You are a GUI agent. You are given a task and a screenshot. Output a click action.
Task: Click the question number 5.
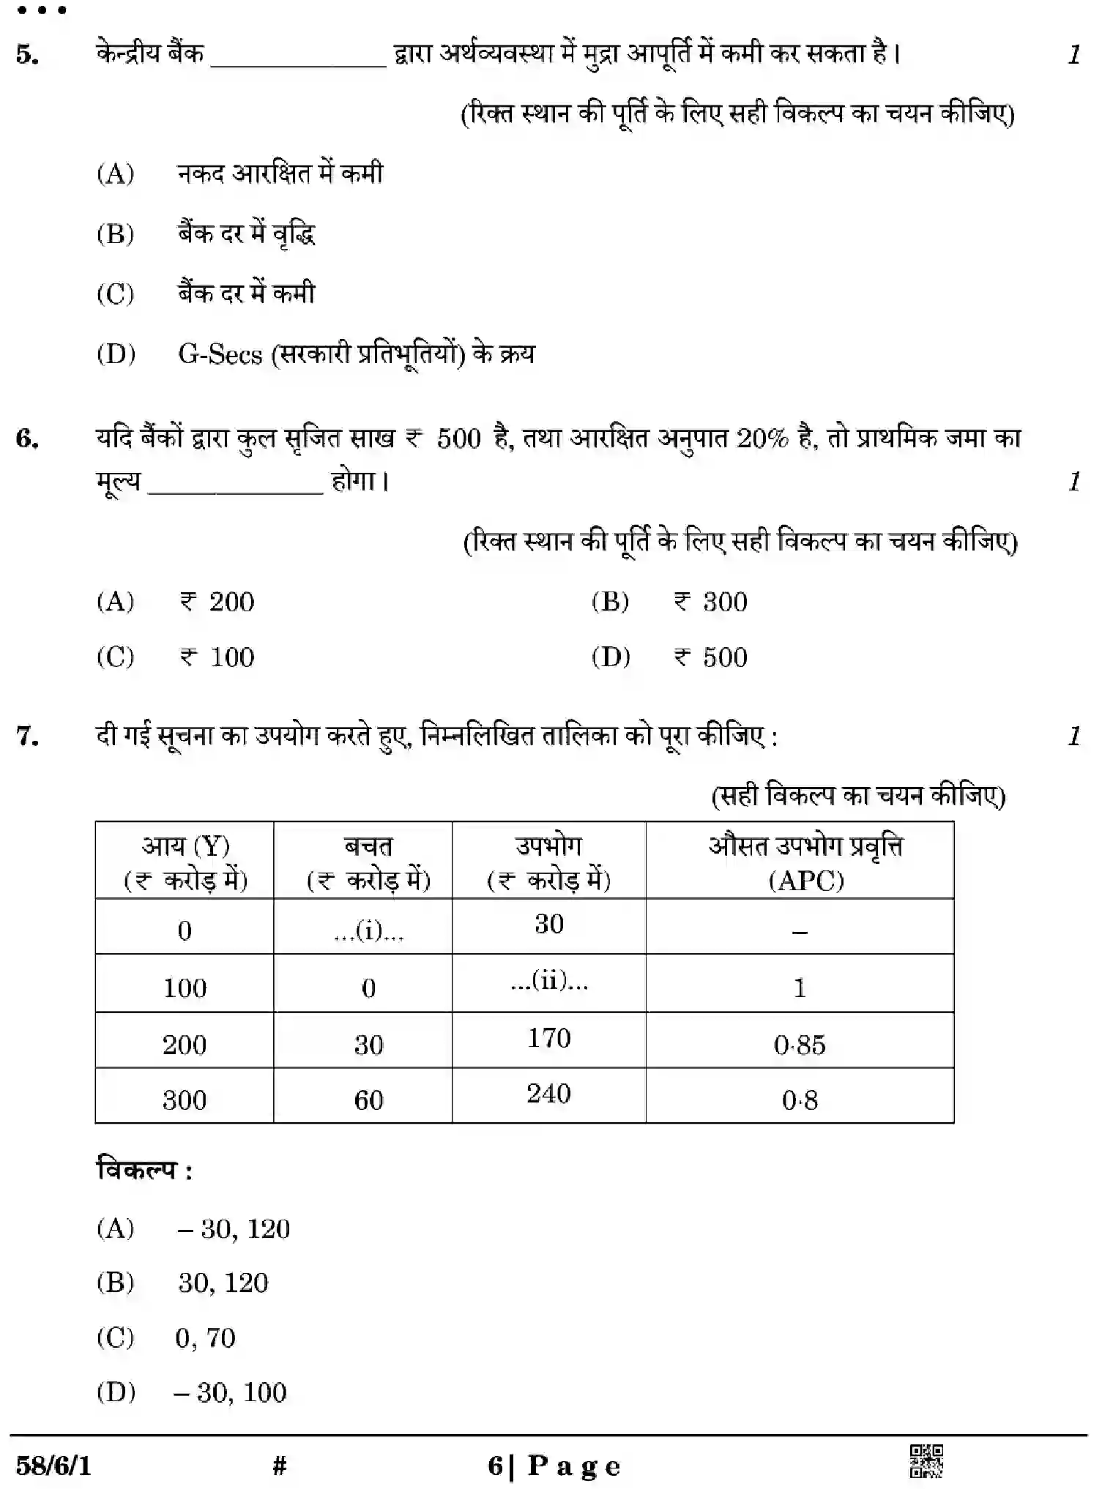click(27, 55)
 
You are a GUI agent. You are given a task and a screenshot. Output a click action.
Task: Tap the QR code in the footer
click(926, 1461)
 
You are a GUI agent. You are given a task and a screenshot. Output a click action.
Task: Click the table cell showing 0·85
click(800, 1045)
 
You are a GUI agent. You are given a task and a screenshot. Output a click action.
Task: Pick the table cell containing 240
click(548, 1094)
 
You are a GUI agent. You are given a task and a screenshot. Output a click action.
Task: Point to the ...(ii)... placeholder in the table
click(549, 981)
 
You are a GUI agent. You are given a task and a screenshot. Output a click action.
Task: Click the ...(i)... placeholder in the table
click(368, 931)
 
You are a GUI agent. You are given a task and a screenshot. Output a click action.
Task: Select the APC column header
click(805, 862)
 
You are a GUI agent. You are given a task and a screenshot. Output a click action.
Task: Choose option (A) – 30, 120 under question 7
click(233, 1229)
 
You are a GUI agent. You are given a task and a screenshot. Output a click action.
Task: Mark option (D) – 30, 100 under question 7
click(230, 1392)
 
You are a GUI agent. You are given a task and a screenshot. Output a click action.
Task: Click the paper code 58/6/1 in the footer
click(53, 1466)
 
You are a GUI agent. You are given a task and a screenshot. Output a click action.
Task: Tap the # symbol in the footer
click(279, 1466)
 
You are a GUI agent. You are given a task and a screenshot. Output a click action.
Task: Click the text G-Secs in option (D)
click(220, 355)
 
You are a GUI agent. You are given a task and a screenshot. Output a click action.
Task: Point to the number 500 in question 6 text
click(459, 439)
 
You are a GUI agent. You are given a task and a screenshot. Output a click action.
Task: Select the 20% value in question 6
click(762, 439)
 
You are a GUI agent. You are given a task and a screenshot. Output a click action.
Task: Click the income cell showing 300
click(185, 1100)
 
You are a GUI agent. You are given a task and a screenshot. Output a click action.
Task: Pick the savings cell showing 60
click(368, 1100)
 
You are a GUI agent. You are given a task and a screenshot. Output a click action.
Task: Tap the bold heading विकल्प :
click(144, 1170)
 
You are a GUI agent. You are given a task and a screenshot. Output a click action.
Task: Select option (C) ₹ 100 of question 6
click(217, 657)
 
